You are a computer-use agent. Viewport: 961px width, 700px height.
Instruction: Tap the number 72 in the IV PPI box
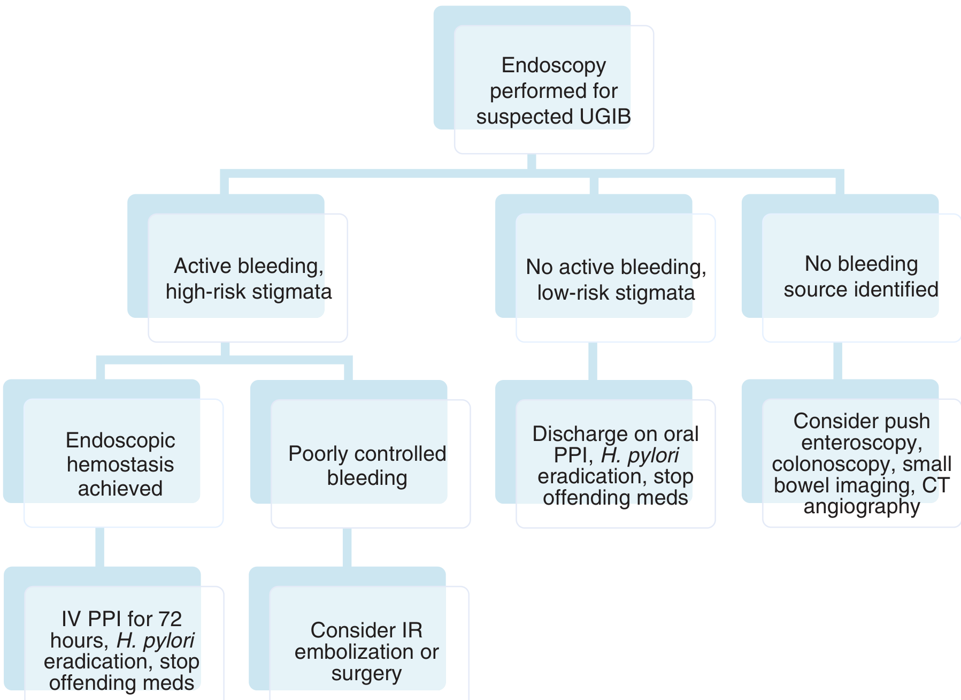pos(170,619)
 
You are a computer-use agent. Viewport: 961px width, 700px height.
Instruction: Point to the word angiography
pos(862,507)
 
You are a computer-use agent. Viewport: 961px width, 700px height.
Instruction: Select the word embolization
pos(354,652)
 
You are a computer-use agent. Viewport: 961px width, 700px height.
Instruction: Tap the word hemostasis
pos(120,465)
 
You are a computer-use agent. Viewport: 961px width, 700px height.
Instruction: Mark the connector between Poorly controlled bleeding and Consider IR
pos(347,547)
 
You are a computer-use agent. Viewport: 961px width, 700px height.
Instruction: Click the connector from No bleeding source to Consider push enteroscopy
pos(838,361)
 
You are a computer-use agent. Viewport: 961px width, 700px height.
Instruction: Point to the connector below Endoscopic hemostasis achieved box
pos(100,547)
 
